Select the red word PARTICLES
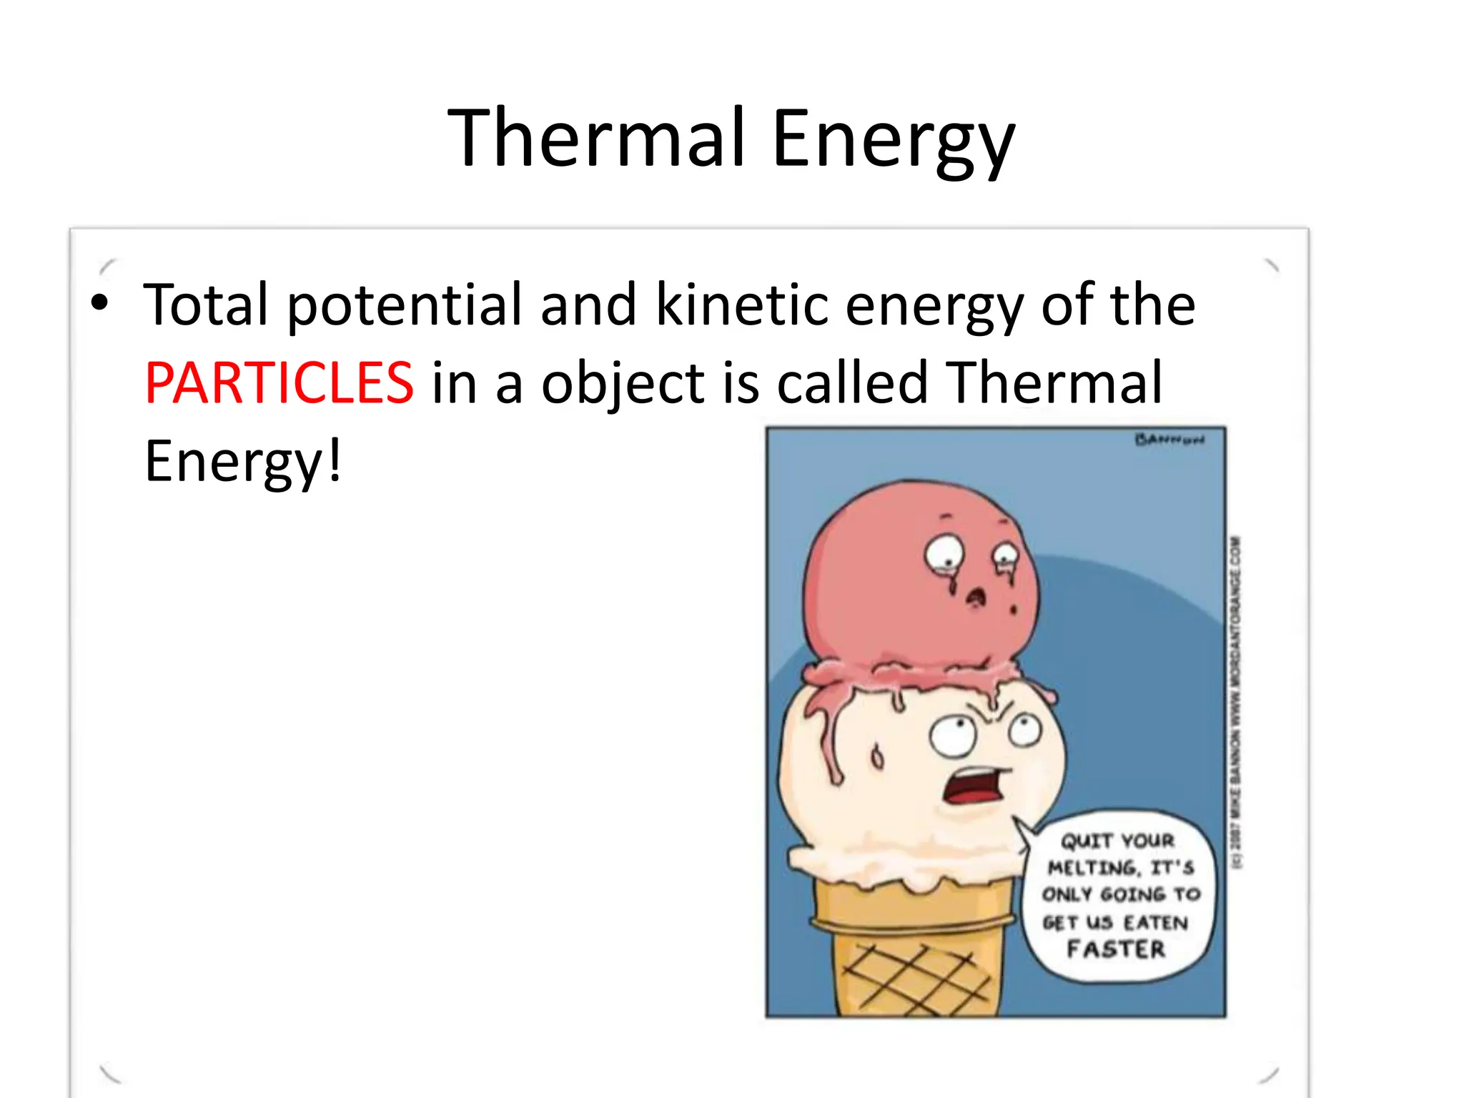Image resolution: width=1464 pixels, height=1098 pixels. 279,383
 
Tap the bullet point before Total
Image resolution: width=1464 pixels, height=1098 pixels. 100,303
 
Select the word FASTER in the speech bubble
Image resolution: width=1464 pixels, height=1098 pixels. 1116,949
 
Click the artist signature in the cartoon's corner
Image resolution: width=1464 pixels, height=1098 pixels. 1169,440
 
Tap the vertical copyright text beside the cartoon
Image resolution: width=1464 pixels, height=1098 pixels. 1236,701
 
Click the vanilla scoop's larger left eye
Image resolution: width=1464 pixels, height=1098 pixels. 952,737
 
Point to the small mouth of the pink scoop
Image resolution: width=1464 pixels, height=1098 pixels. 976,598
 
